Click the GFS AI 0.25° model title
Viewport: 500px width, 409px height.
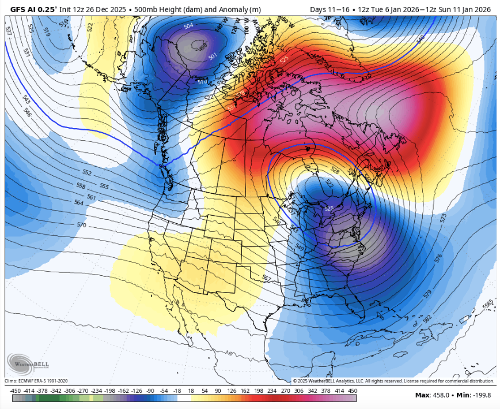[x=34, y=9]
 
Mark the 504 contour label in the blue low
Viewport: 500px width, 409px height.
[x=188, y=26]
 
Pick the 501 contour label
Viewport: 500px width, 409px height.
[x=212, y=56]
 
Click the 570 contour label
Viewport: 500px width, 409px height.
[x=81, y=225]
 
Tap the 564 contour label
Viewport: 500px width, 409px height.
[x=79, y=202]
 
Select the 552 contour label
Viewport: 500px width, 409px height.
[x=87, y=172]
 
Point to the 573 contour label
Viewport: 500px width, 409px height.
[x=443, y=219]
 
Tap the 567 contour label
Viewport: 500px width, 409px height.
[x=266, y=279]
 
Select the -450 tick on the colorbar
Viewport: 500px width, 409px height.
[x=16, y=391]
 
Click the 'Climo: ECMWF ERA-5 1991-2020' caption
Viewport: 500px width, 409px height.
[x=36, y=381]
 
